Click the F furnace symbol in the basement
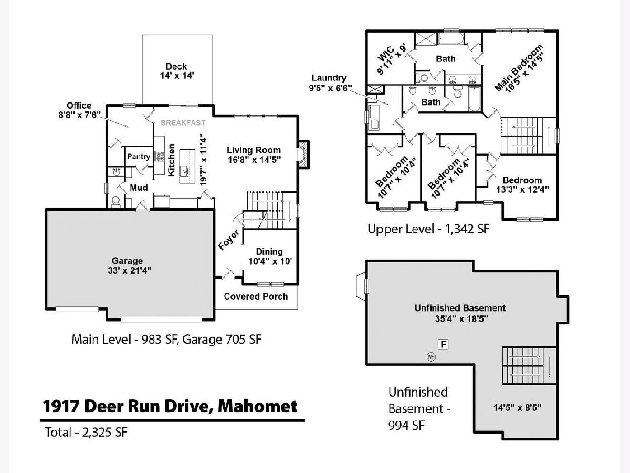(x=444, y=344)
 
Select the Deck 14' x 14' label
(x=177, y=71)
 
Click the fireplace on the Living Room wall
(x=303, y=155)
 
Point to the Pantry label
(x=139, y=157)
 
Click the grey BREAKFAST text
(x=183, y=123)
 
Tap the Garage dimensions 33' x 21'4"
(x=130, y=271)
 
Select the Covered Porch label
(x=256, y=296)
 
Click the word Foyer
(x=229, y=240)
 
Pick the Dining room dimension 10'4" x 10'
(x=270, y=261)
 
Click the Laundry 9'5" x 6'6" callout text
(x=330, y=83)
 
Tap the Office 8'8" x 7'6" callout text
(x=79, y=110)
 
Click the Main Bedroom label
(x=519, y=68)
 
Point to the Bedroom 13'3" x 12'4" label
(x=523, y=184)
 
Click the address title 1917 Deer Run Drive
(x=170, y=406)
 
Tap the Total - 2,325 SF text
(x=86, y=432)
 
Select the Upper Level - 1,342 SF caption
(x=428, y=229)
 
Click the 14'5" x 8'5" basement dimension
(x=517, y=407)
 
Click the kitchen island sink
(x=184, y=171)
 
